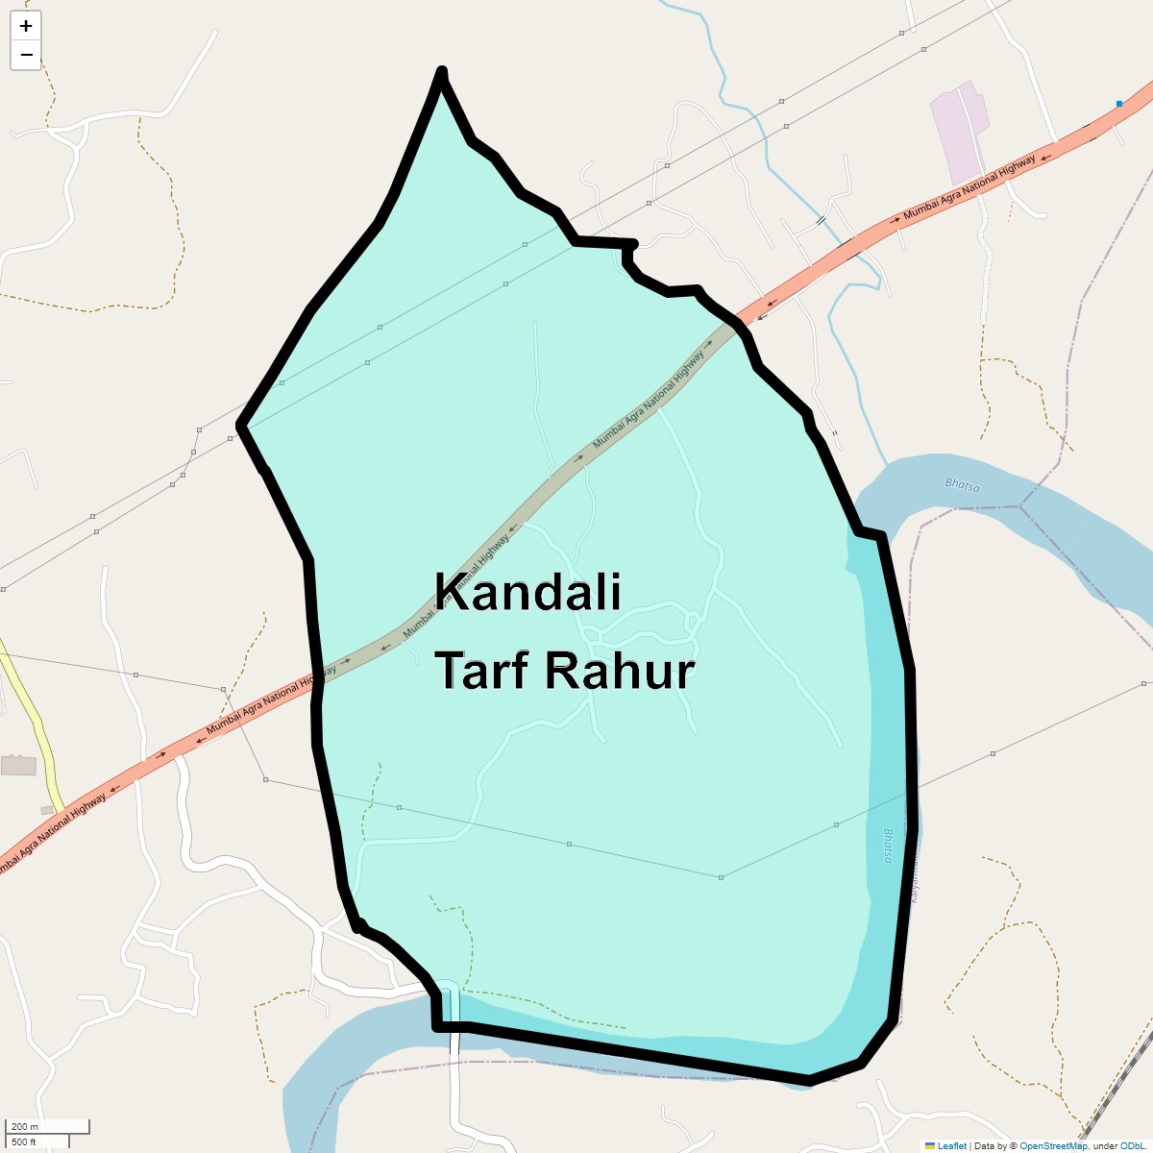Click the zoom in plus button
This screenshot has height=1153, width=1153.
[x=26, y=26]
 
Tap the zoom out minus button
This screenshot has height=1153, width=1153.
[x=26, y=55]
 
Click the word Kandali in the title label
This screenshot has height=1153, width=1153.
[x=527, y=592]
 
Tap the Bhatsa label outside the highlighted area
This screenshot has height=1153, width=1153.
[x=962, y=485]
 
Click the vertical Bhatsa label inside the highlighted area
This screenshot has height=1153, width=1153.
[x=888, y=846]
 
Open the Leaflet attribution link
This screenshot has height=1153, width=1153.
[x=951, y=1145]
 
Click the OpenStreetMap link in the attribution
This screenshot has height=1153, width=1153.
[x=1053, y=1145]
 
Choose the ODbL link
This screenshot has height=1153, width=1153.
[x=1132, y=1145]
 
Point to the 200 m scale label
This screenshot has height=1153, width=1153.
[x=26, y=1126]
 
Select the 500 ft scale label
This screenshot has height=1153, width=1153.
[x=24, y=1141]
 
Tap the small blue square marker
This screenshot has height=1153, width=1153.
[x=1119, y=103]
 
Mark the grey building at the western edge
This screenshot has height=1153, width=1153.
[x=18, y=765]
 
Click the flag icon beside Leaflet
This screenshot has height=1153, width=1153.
[x=929, y=1145]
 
